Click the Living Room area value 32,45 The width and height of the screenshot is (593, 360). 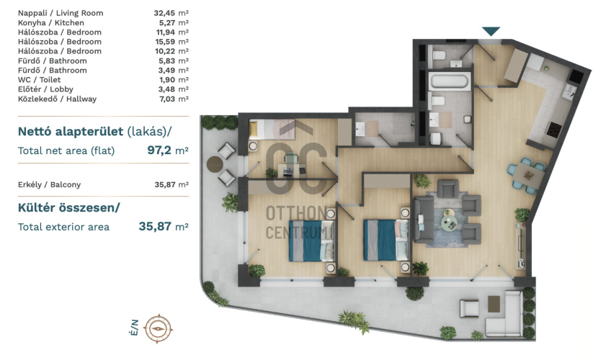coord(164,13)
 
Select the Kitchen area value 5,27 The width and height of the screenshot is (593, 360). coord(166,22)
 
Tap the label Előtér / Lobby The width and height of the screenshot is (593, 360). coord(45,89)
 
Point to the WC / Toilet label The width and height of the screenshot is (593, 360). coord(39,80)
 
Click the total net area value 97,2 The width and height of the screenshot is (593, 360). coord(159,150)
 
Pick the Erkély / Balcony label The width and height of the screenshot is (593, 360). coord(49,184)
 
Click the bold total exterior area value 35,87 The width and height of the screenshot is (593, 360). coord(155,226)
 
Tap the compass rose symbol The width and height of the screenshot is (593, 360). coord(159,328)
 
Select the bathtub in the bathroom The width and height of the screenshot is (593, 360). coord(450,81)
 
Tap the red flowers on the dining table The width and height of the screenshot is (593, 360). coord(528,175)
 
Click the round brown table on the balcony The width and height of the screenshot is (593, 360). coord(215,164)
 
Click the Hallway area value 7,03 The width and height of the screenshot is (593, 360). coord(167,99)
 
